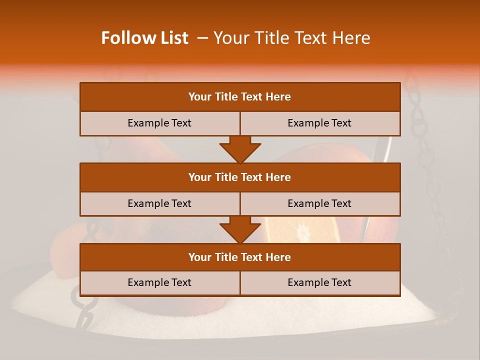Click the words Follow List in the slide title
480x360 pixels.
point(144,38)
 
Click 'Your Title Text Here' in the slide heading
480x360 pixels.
point(292,38)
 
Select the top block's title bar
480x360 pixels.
point(240,97)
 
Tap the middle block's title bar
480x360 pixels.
point(240,177)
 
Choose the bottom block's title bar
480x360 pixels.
point(240,257)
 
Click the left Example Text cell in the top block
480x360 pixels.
point(159,123)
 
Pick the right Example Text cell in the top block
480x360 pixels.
point(319,123)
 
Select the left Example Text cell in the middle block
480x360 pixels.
point(159,203)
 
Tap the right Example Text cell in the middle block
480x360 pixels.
point(319,203)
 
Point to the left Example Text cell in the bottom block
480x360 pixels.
point(159,282)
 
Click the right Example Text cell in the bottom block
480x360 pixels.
point(319,282)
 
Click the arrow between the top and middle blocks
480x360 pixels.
point(240,149)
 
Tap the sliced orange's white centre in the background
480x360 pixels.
point(302,231)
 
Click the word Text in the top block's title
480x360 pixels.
point(251,97)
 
